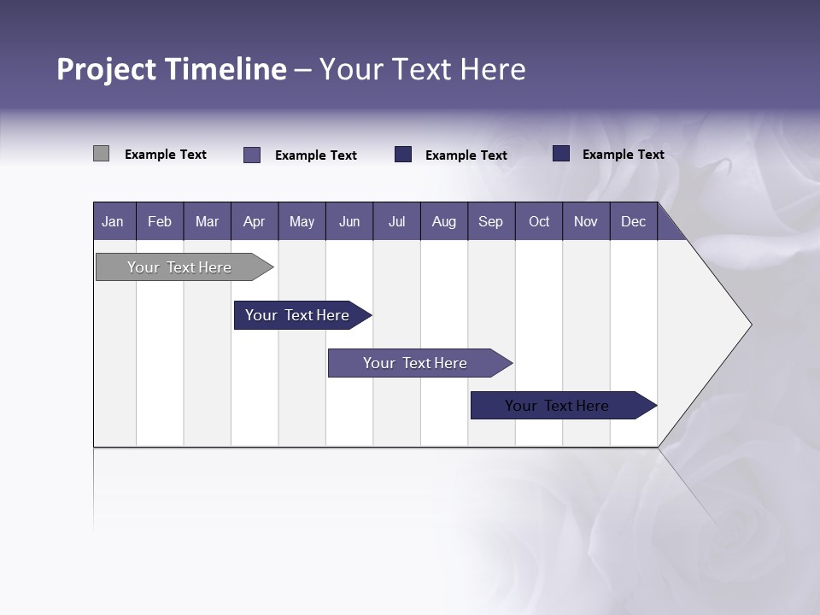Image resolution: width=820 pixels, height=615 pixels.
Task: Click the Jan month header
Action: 113,221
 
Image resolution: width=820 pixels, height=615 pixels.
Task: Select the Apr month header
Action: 254,221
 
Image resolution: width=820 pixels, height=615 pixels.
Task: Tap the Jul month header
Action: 396,221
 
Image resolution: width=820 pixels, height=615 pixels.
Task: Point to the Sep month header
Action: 490,221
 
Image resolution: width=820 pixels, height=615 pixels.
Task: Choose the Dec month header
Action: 633,221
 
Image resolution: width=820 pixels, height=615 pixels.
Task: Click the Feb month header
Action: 160,221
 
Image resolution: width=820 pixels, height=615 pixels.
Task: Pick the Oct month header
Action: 539,221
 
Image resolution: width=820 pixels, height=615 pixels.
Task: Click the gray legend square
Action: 101,154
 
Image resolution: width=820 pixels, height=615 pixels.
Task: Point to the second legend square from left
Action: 252,155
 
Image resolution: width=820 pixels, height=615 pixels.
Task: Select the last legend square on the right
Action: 561,154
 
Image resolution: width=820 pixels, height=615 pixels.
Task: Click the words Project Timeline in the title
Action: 171,69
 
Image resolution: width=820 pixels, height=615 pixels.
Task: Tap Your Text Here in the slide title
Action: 423,69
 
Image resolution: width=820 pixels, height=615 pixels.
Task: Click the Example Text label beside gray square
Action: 166,155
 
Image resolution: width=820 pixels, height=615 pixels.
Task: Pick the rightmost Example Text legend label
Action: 624,155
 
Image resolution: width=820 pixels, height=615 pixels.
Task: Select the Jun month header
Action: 349,221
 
